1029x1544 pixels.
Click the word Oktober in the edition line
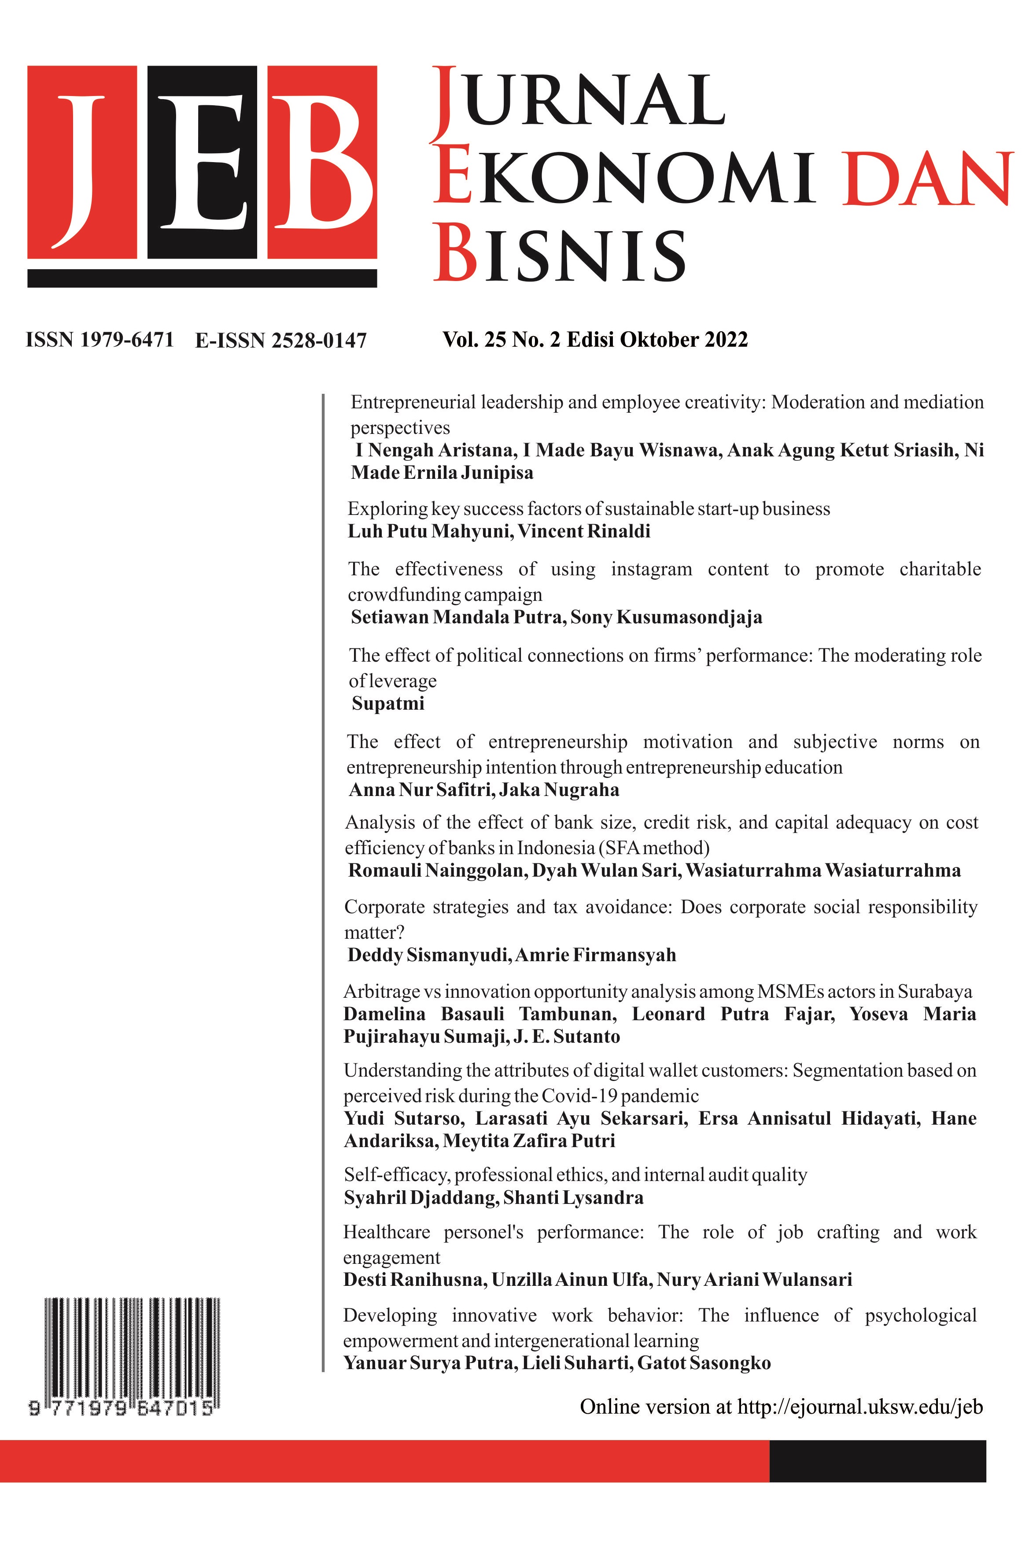pos(659,340)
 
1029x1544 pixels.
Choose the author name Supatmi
pos(388,704)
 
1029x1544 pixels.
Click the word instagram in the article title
pos(651,569)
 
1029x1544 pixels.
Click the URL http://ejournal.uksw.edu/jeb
pos(859,1407)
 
